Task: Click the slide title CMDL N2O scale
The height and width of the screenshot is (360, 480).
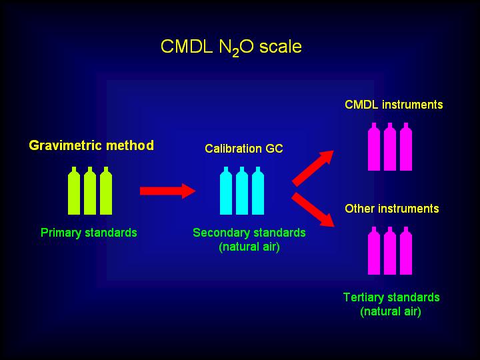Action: click(x=231, y=47)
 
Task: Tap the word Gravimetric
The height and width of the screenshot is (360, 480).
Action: click(x=65, y=145)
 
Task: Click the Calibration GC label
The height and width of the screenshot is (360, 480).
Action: click(x=244, y=149)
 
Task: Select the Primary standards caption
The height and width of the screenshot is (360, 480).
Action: click(x=89, y=233)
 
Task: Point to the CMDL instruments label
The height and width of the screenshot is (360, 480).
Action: click(x=394, y=105)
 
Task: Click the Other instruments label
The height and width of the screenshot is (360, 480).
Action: click(x=392, y=209)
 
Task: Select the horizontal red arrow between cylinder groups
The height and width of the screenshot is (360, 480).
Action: click(x=168, y=191)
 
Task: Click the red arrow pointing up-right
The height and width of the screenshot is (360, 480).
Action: click(x=313, y=168)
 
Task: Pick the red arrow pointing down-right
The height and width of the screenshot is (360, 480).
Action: click(x=313, y=210)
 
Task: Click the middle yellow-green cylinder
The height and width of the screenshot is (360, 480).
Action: click(x=90, y=191)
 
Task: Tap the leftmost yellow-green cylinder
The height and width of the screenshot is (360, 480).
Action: click(x=74, y=191)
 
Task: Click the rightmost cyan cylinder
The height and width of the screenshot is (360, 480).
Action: click(x=258, y=191)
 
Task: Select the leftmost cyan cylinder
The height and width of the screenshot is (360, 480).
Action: click(x=226, y=191)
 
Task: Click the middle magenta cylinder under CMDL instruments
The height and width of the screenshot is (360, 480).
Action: click(x=390, y=147)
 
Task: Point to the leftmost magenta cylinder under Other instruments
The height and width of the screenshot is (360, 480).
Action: click(x=374, y=251)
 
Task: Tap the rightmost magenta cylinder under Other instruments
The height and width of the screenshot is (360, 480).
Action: click(x=406, y=251)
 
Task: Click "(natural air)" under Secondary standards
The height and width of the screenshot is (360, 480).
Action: click(x=249, y=247)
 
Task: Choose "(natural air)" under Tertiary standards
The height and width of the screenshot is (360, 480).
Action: click(x=391, y=311)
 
